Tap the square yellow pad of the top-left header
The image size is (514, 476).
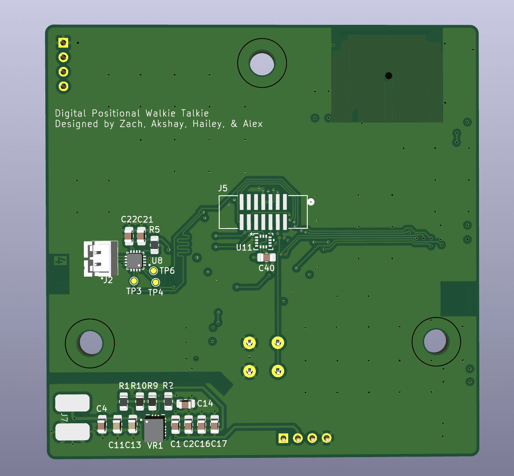(x=63, y=43)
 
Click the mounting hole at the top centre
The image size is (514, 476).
(x=262, y=63)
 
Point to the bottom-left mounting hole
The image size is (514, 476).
(x=90, y=343)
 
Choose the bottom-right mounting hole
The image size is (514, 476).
(x=436, y=342)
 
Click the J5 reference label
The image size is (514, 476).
(x=223, y=188)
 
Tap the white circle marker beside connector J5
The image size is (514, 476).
(x=311, y=202)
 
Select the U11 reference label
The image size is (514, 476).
(x=244, y=247)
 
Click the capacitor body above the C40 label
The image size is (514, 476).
(x=266, y=258)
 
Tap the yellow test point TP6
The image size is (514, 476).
(x=154, y=271)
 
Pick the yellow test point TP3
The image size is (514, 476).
(x=134, y=281)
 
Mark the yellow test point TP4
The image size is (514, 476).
(x=156, y=282)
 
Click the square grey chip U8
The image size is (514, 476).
(x=134, y=261)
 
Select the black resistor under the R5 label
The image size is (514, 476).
(x=155, y=245)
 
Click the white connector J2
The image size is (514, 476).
(x=101, y=258)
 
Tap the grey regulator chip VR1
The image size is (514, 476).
(x=154, y=429)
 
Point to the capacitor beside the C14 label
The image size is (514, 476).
(x=185, y=404)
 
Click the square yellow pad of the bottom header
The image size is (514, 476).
(x=283, y=438)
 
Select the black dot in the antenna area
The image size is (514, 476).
(x=389, y=76)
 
